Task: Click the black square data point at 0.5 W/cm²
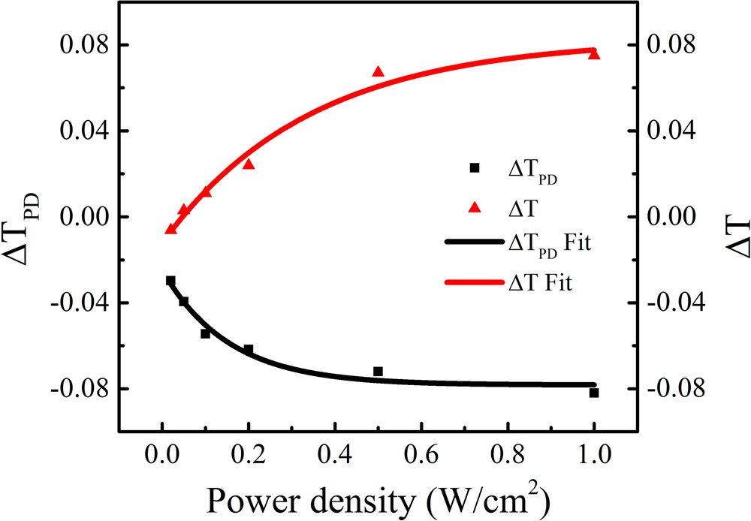coord(378,372)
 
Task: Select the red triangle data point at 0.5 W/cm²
coord(378,72)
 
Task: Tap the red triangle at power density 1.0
coord(594,54)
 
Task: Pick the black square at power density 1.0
coord(594,393)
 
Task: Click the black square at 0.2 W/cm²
coord(249,350)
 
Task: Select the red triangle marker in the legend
coord(474,206)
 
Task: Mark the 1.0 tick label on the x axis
coord(594,456)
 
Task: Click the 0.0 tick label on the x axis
coord(162,456)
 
